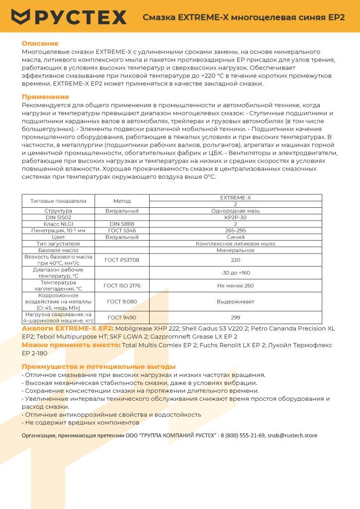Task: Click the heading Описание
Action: pyautogui.click(x=40, y=44)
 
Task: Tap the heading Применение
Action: pyautogui.click(x=45, y=97)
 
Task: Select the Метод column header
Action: pyautogui.click(x=122, y=201)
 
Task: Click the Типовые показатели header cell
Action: pyautogui.click(x=58, y=201)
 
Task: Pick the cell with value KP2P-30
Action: pyautogui.click(x=236, y=217)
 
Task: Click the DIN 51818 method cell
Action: pyautogui.click(x=122, y=224)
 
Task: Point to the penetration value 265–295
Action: pyautogui.click(x=236, y=231)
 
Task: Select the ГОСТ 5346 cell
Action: pyautogui.click(x=122, y=231)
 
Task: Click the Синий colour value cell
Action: pyautogui.click(x=236, y=237)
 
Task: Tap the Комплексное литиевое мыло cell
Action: pyautogui.click(x=236, y=244)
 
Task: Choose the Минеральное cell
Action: pyautogui.click(x=236, y=250)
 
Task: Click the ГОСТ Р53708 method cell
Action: pyautogui.click(x=122, y=259)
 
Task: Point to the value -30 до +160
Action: pyautogui.click(x=236, y=272)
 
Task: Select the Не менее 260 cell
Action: pyautogui.click(x=236, y=285)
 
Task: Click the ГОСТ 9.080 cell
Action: pyautogui.click(x=122, y=301)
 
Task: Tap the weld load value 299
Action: pyautogui.click(x=236, y=317)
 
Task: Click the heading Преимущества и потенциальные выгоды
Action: pyautogui.click(x=98, y=366)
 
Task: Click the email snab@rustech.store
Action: pyautogui.click(x=292, y=435)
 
